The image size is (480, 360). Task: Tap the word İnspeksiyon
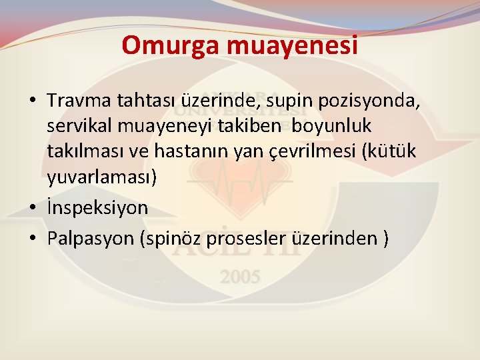[98, 208]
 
